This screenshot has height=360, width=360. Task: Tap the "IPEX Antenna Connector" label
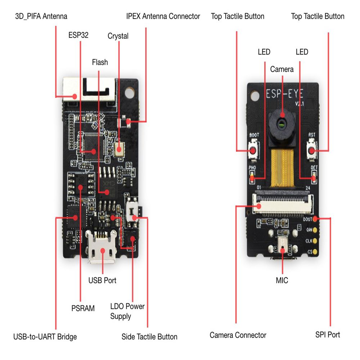point(163,16)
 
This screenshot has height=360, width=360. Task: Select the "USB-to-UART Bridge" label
point(45,337)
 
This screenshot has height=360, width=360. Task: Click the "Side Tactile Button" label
point(149,337)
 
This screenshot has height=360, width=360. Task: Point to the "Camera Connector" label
point(238,335)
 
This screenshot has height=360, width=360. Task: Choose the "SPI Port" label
point(327,335)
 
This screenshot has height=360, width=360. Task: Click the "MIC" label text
point(282,280)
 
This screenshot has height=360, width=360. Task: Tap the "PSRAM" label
point(83,308)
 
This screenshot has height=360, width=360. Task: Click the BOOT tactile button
point(253,150)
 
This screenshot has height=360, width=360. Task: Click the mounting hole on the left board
point(129,92)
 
